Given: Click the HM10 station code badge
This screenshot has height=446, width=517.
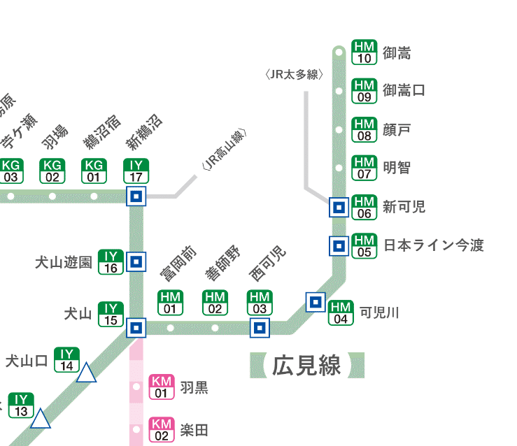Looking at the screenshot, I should (364, 52).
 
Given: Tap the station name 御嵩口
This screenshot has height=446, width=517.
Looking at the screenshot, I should (404, 90).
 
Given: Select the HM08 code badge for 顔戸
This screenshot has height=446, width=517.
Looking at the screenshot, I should (364, 129).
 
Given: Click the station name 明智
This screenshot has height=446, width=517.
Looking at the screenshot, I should (397, 168).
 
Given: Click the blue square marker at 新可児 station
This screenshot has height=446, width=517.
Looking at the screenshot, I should (339, 207).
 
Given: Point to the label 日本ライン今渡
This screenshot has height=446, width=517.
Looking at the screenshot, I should (433, 245).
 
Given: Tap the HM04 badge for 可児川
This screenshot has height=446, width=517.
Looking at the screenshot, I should (341, 312).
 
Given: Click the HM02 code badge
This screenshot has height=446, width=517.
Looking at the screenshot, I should (215, 303).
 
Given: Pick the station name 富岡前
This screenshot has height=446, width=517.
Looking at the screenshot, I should (179, 264).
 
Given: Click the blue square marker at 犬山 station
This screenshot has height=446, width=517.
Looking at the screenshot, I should (136, 327).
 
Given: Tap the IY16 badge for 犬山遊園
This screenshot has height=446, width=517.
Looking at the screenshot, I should (111, 261).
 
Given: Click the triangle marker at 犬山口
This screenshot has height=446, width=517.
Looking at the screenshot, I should (86, 373).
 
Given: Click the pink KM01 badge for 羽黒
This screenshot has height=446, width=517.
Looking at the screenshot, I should (162, 387).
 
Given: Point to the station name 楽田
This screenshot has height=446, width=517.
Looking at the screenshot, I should (194, 429).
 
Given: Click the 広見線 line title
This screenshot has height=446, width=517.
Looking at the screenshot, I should (307, 366).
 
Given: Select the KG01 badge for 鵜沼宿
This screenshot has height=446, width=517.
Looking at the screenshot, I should (94, 171).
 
